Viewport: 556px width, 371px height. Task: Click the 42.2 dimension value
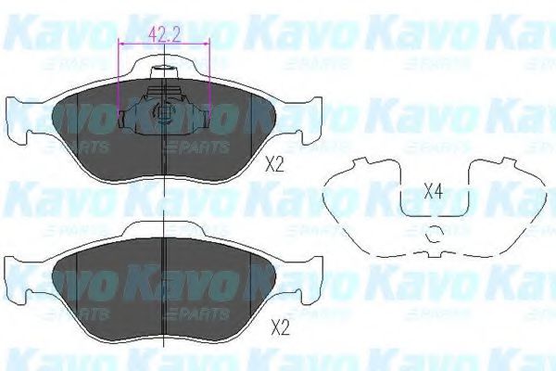click(164, 38)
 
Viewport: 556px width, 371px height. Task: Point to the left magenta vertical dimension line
click(121, 79)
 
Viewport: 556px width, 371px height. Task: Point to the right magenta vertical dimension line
click(210, 79)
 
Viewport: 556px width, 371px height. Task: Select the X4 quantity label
click(433, 192)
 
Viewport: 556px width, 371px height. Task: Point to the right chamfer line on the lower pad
click(252, 283)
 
